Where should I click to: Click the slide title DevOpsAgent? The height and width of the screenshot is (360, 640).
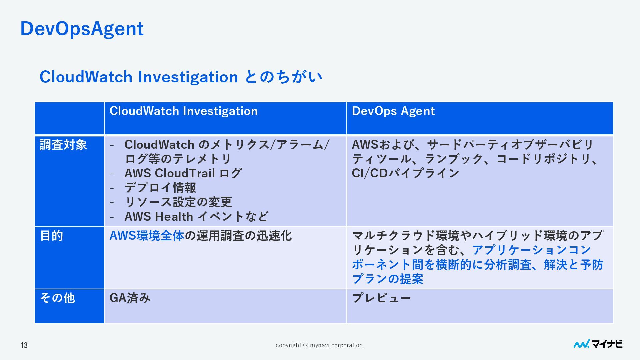[x=82, y=29]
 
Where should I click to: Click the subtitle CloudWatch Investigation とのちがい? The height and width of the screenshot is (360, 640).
[x=181, y=77]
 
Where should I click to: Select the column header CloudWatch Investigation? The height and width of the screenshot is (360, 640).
[x=183, y=111]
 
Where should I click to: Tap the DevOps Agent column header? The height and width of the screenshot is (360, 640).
[x=393, y=111]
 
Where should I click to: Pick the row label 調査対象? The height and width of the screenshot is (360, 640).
[x=63, y=145]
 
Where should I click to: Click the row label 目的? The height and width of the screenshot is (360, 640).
[x=52, y=236]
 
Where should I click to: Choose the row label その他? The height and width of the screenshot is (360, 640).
[x=57, y=298]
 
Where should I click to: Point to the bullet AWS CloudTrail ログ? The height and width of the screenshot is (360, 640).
[x=183, y=173]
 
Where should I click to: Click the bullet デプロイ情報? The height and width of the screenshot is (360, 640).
[x=160, y=188]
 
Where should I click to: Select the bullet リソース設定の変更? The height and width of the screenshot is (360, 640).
[x=178, y=202]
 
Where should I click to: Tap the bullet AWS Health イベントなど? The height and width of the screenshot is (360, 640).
[x=196, y=217]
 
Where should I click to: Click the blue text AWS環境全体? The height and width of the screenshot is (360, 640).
[x=147, y=236]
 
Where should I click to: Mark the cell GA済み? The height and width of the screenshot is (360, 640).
[x=130, y=298]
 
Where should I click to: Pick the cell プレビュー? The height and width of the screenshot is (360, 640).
[x=381, y=298]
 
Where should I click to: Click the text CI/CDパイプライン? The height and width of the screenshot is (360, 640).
[x=405, y=173]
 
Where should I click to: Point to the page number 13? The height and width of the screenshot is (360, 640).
[x=24, y=345]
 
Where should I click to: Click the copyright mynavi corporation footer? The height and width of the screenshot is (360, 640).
[x=320, y=345]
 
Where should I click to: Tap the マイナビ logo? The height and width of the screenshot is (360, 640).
[x=598, y=344]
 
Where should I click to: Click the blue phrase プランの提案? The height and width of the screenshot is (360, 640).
[x=387, y=279]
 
